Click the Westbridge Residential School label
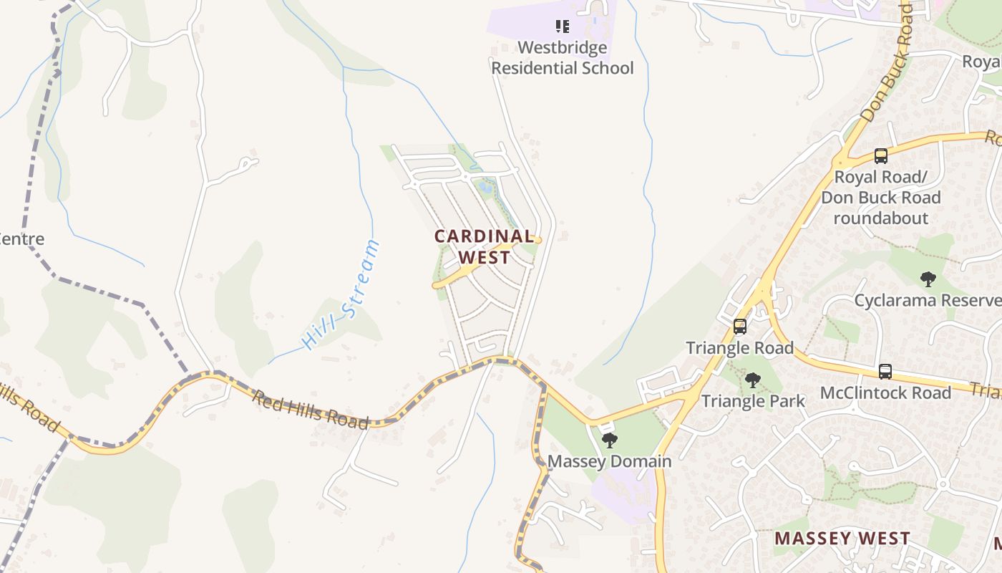[562, 58]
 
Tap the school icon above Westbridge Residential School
[563, 27]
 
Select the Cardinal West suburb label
[485, 246]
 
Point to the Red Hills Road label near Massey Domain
[310, 410]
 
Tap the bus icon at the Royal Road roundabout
[881, 155]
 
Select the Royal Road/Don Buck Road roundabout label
[881, 197]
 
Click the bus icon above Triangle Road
[740, 327]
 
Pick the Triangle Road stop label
[740, 348]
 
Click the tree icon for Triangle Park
[752, 380]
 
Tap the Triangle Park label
[753, 401]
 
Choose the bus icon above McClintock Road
[885, 372]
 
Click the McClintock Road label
[885, 393]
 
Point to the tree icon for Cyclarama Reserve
[928, 279]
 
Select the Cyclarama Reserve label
[928, 299]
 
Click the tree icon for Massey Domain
[610, 440]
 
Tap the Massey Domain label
[610, 461]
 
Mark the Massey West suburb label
[842, 538]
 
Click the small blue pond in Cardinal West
[486, 188]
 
